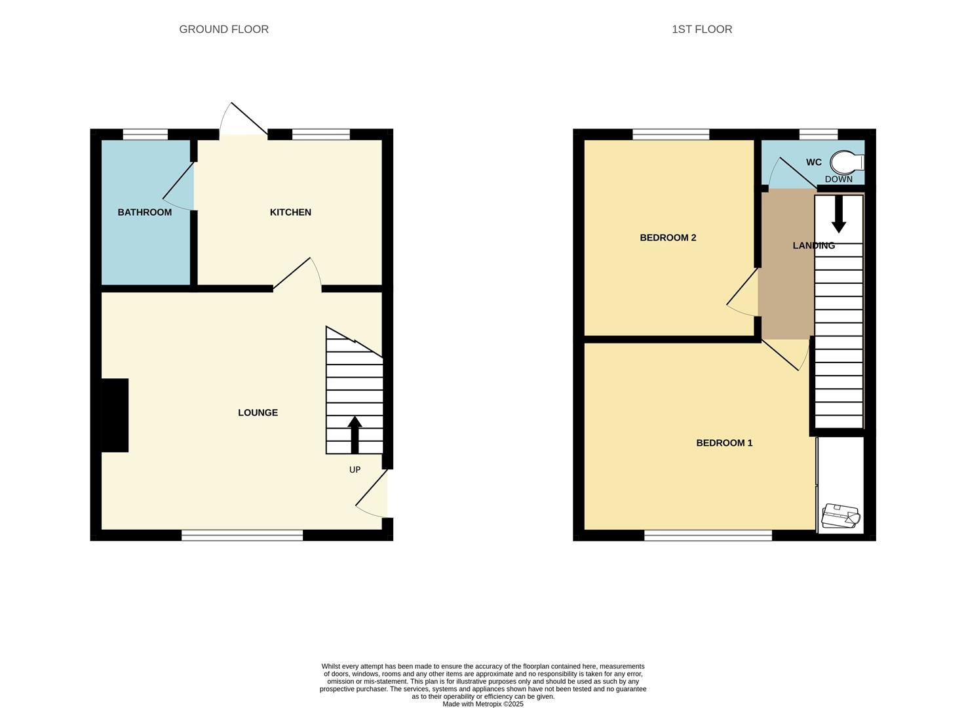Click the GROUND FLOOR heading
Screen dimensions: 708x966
coord(223,29)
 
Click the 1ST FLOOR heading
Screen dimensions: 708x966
coord(701,29)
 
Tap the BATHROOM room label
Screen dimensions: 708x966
coord(144,212)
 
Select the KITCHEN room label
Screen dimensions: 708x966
coord(290,212)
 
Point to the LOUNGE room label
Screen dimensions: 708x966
coord(258,412)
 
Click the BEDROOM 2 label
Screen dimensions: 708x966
coord(668,237)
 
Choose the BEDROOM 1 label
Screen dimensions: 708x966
coord(724,442)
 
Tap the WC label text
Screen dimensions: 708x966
coord(813,162)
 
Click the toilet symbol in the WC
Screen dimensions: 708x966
coord(847,162)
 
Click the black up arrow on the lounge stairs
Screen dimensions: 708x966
coord(355,433)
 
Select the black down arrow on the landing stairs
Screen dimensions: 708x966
coord(838,214)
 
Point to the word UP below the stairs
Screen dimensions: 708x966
coord(355,469)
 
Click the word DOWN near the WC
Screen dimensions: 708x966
coord(838,179)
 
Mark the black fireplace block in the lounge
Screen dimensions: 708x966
coord(115,415)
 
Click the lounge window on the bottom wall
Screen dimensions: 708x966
coord(242,536)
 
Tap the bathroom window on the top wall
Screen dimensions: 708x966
coord(145,134)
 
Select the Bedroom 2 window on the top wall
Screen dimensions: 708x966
coord(670,134)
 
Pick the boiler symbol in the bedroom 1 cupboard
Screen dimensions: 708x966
coord(840,515)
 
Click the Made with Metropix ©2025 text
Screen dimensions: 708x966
coord(483,704)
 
